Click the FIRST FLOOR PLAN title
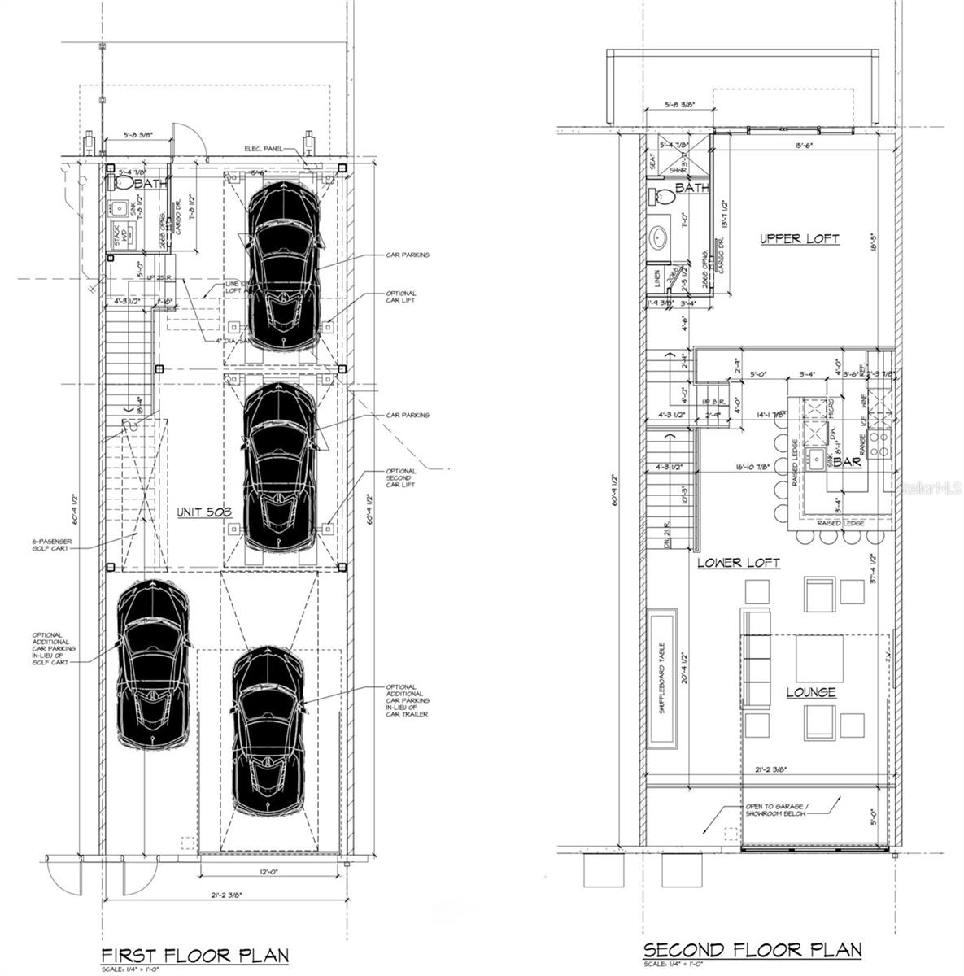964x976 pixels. pyautogui.click(x=194, y=954)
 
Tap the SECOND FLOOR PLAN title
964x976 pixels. pyautogui.click(x=752, y=949)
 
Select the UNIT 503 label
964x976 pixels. pyautogui.click(x=204, y=512)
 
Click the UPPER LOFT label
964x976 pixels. pyautogui.click(x=799, y=238)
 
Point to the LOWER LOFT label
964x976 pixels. pyautogui.click(x=739, y=562)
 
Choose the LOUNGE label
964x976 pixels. pyautogui.click(x=810, y=692)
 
